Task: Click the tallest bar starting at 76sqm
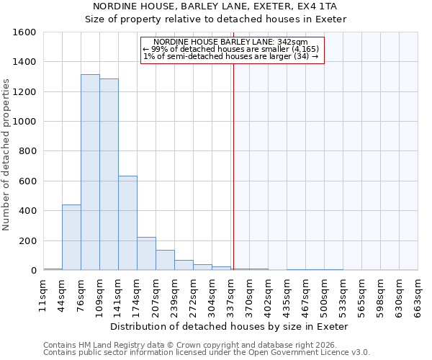click(x=90, y=173)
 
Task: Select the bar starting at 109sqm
click(x=109, y=175)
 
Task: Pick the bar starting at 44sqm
click(x=71, y=238)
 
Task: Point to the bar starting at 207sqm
click(x=165, y=261)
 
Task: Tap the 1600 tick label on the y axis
click(x=24, y=32)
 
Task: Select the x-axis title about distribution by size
click(x=230, y=326)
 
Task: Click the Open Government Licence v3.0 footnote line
click(x=207, y=352)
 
